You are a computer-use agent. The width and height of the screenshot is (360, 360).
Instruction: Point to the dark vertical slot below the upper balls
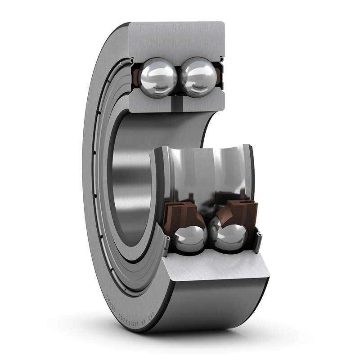click(177, 104)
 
